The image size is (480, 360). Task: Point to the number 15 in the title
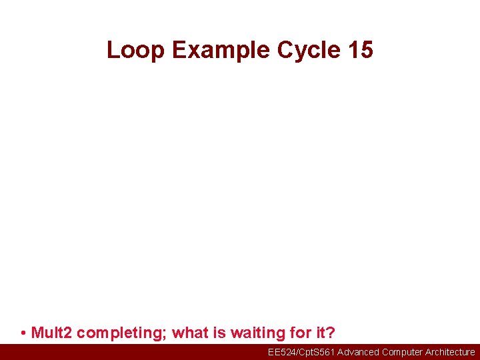point(360,50)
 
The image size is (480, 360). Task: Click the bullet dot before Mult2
point(23,333)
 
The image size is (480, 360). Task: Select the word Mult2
point(52,333)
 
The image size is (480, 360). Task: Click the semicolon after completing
point(165,333)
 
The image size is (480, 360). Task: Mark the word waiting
point(253,333)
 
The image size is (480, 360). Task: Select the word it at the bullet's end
point(317,333)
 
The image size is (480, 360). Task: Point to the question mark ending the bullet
point(330,333)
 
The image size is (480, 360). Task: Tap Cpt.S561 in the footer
point(317,352)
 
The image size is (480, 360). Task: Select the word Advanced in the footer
point(359,352)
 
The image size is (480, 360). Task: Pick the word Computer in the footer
point(403,352)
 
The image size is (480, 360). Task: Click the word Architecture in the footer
point(450,352)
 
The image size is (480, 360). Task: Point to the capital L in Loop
point(113,50)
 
